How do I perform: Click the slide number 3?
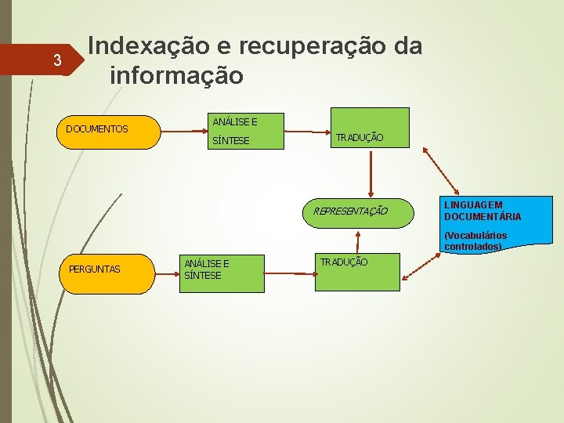point(56,60)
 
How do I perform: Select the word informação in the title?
point(177,76)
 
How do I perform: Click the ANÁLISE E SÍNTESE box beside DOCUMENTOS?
point(242,132)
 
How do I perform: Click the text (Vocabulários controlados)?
point(475,240)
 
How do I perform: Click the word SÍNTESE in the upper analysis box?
point(231,141)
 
